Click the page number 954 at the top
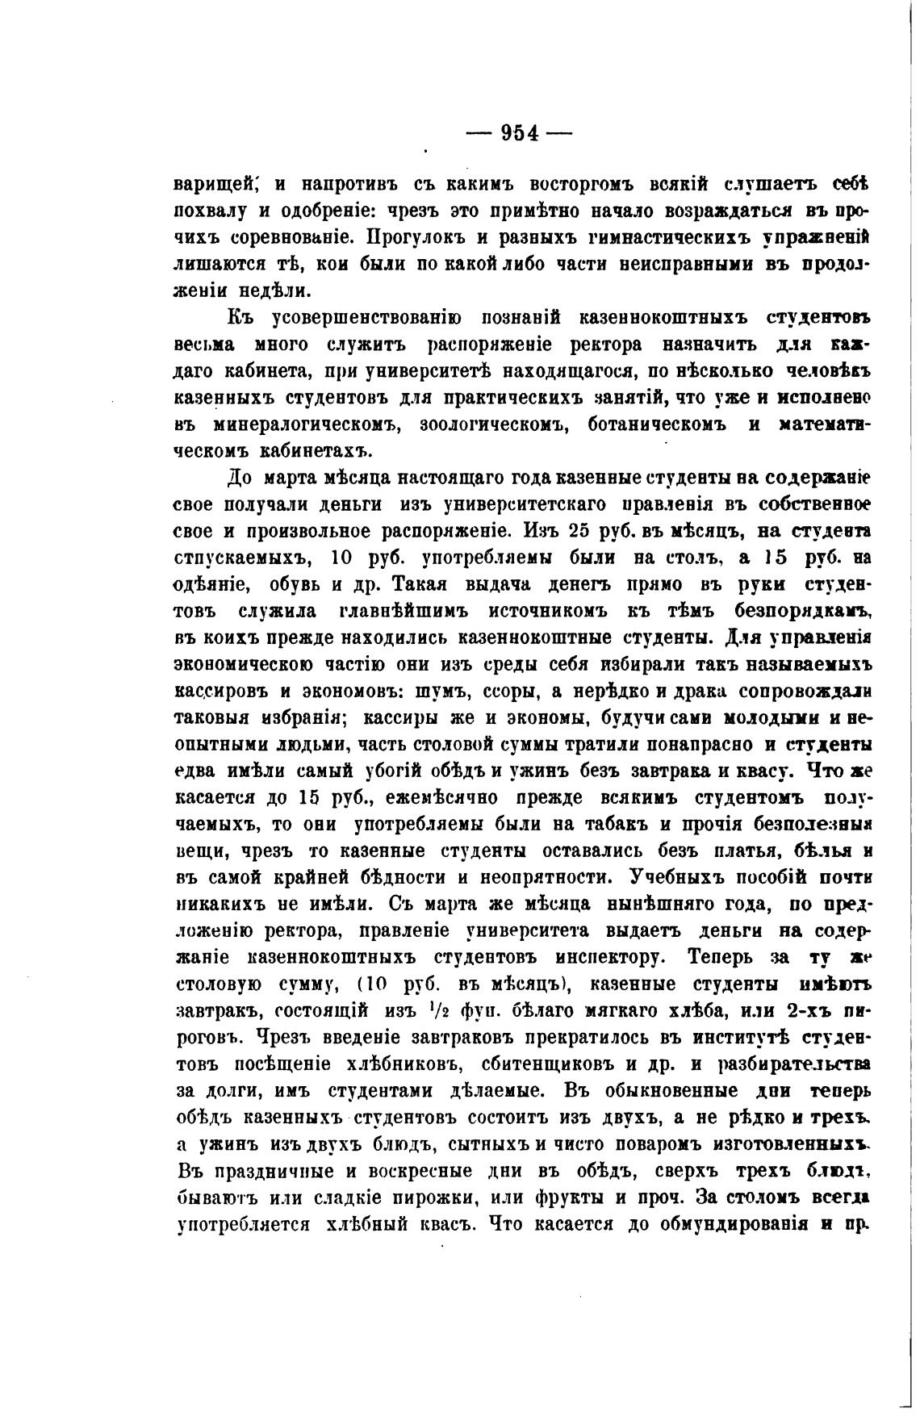[x=519, y=132]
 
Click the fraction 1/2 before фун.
[x=437, y=1010]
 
